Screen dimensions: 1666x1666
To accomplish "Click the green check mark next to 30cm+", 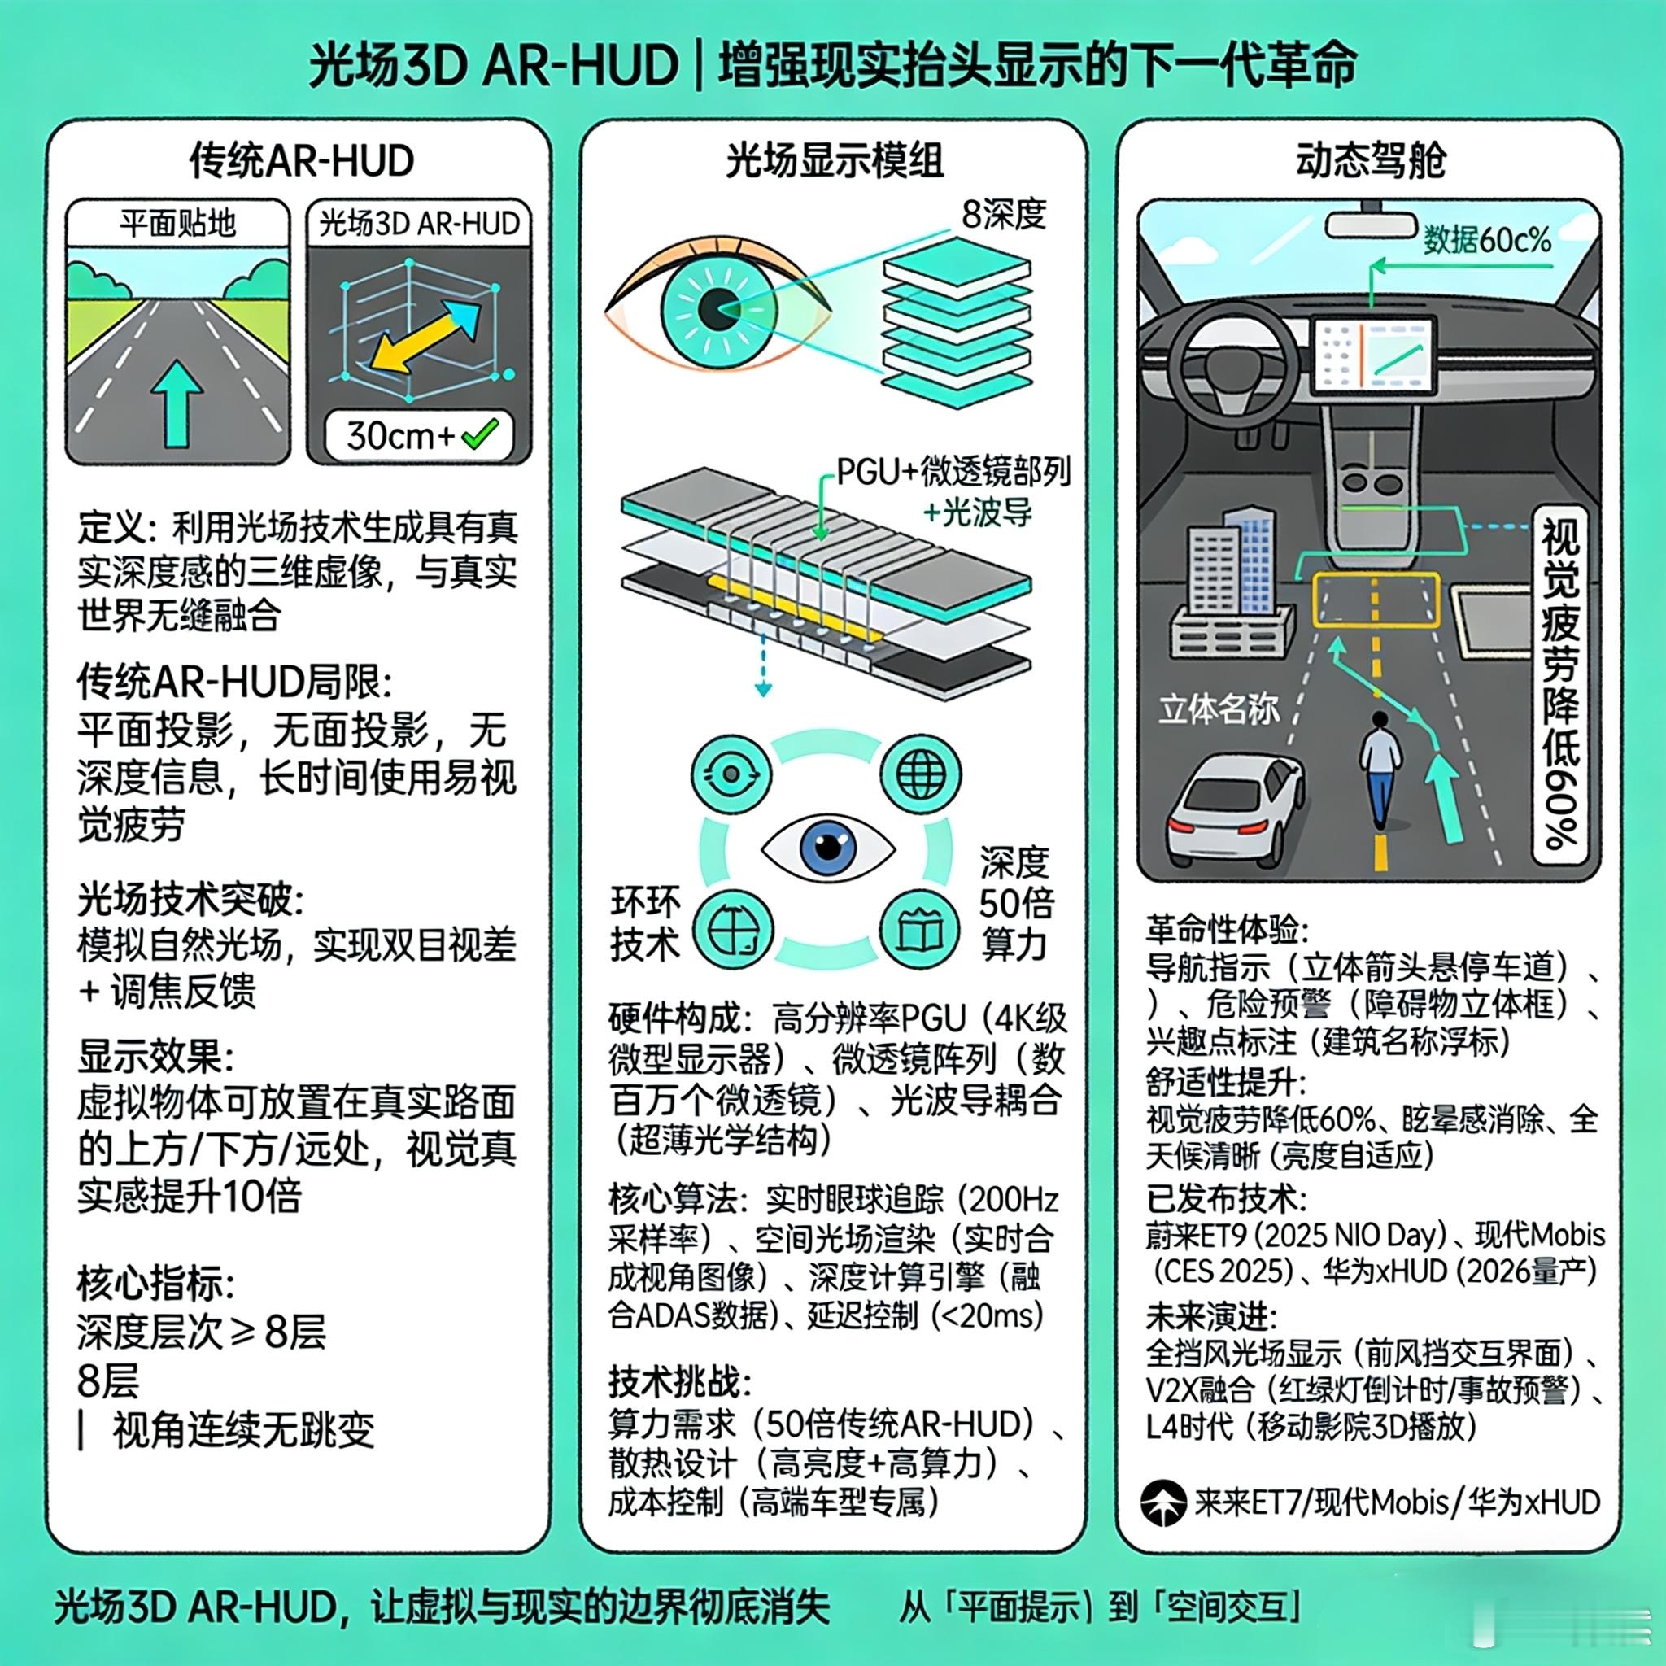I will [479, 434].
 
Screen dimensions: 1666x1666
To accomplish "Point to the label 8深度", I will [1004, 214].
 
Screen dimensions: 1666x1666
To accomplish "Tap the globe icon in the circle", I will [920, 774].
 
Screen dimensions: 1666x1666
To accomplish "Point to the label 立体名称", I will [1219, 709].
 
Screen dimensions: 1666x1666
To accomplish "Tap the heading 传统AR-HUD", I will [302, 161].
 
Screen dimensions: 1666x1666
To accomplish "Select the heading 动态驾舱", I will [1370, 161].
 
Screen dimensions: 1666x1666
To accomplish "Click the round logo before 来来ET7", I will [1163, 1502].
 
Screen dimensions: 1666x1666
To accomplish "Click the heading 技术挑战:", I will [679, 1381].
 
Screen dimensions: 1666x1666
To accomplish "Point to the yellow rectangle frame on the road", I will [1376, 599].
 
